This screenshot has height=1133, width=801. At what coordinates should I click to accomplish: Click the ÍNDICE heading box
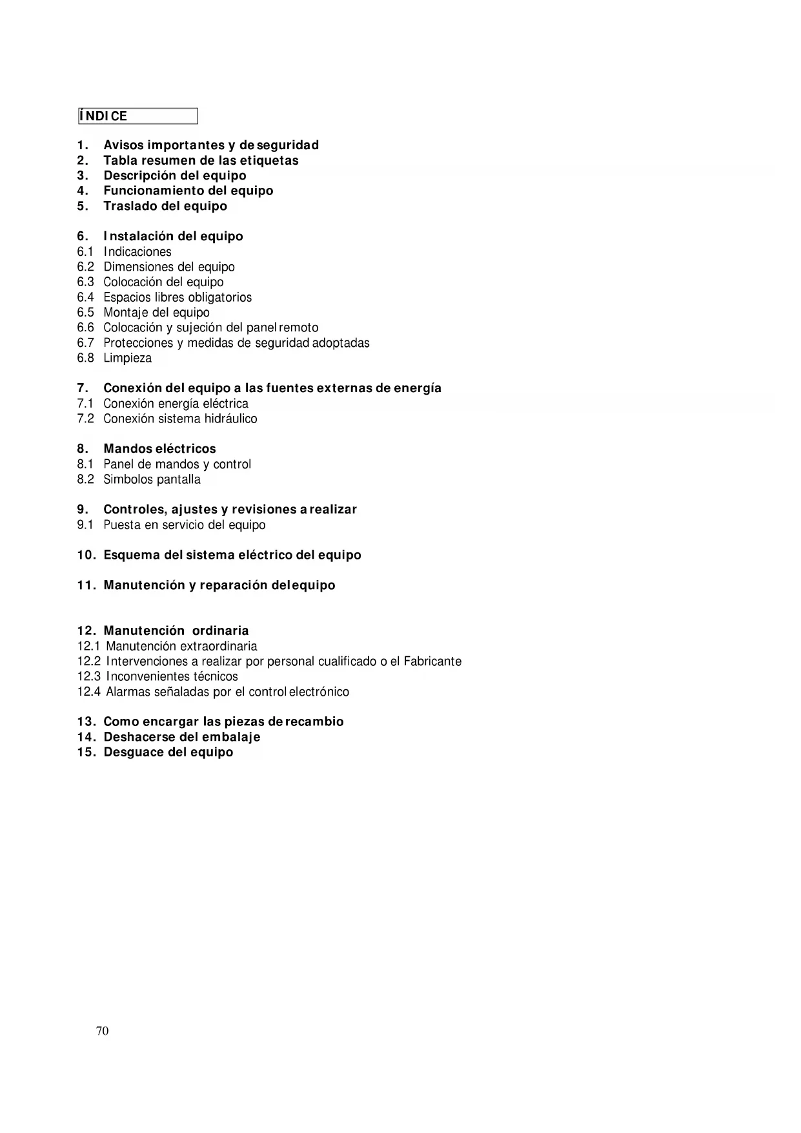(137, 116)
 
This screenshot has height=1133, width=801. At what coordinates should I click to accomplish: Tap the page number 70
(102, 1031)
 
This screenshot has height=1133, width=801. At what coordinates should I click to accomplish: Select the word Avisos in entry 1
(123, 145)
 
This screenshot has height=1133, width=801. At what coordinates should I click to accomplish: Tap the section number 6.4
(85, 297)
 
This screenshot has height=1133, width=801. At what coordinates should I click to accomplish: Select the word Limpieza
(128, 358)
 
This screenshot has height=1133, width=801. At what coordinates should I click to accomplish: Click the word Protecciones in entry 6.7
(138, 343)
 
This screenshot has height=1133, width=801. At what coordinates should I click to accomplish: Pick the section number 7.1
(85, 404)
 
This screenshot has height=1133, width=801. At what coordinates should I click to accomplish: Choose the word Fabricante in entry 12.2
(432, 661)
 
